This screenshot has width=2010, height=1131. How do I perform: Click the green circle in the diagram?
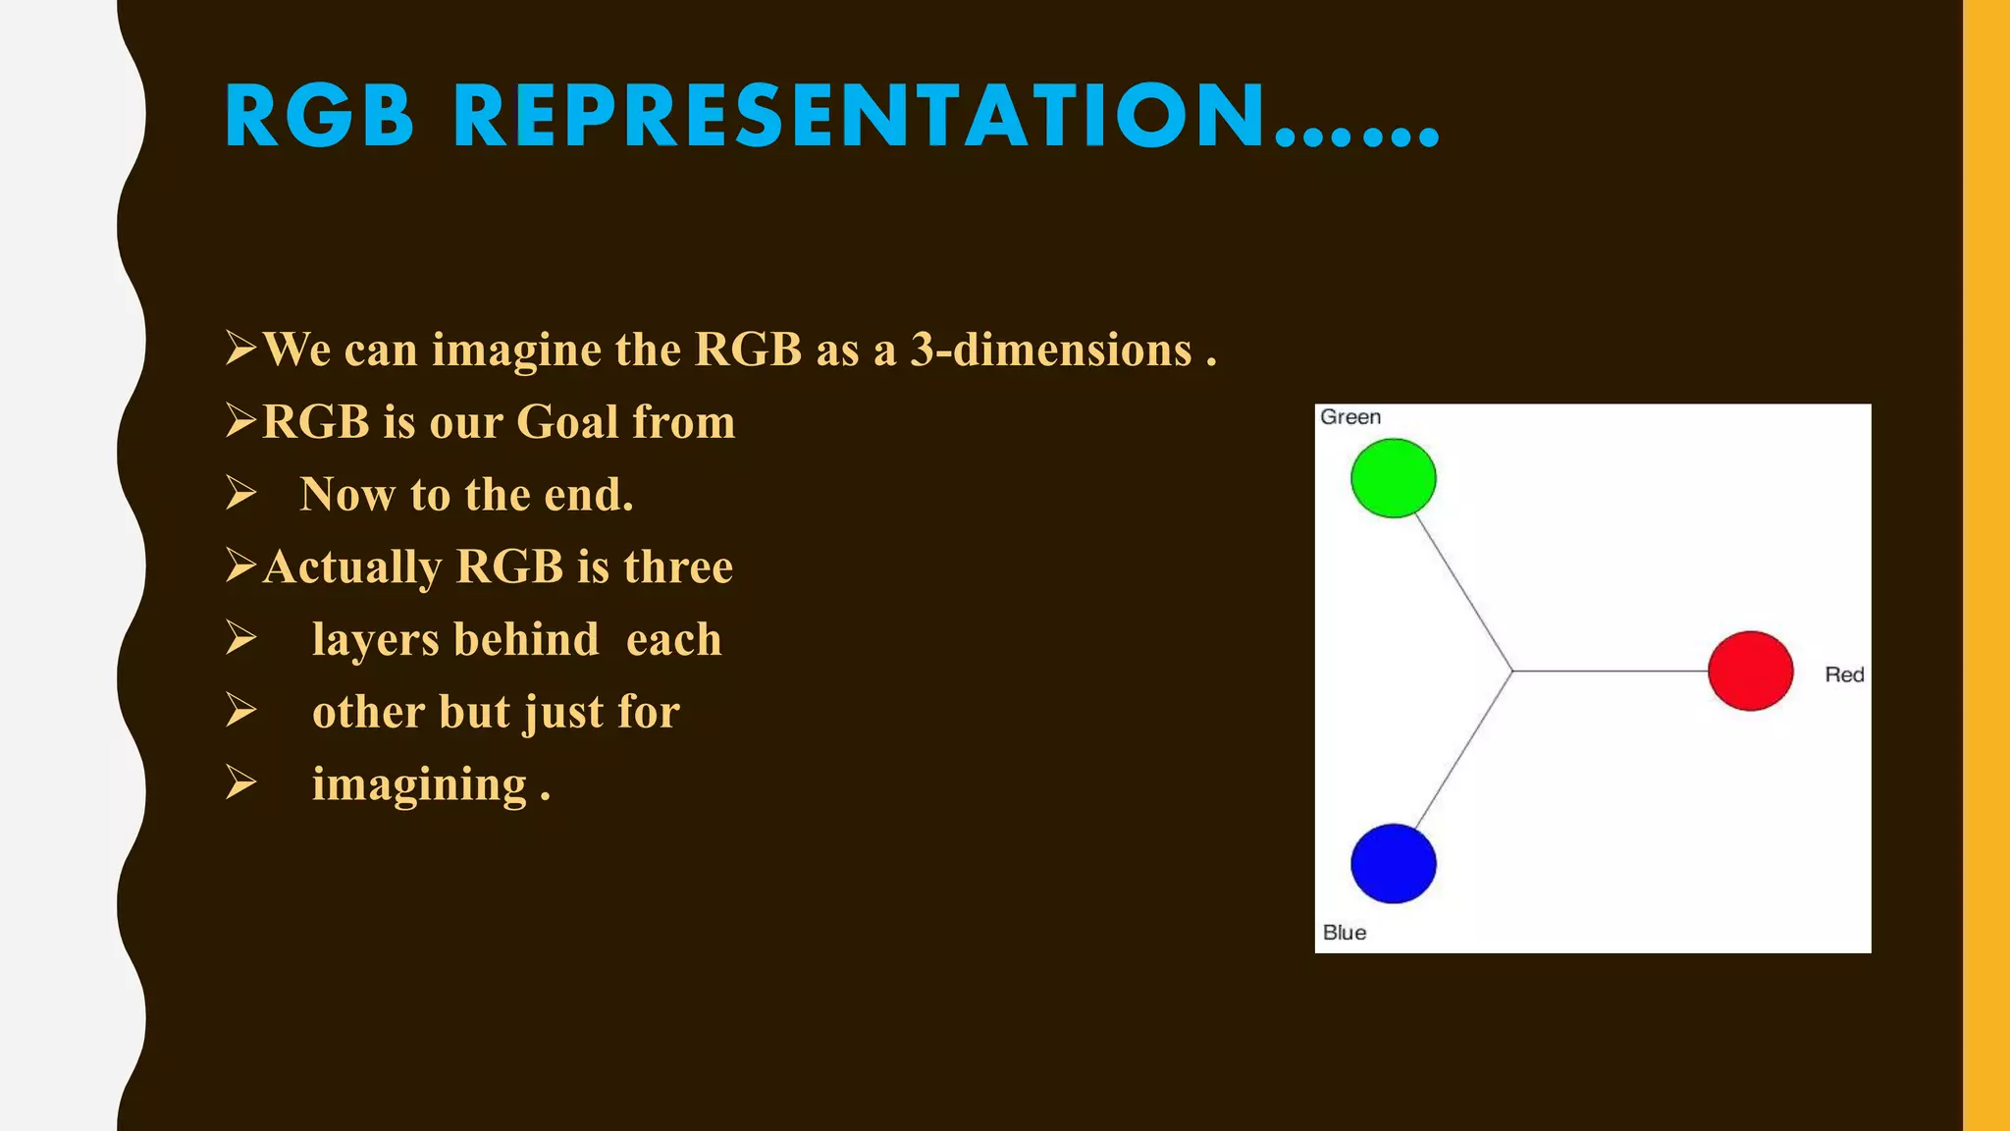1393,478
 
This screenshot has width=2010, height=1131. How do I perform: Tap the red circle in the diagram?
1750,671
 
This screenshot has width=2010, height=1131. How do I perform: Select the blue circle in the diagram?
1393,863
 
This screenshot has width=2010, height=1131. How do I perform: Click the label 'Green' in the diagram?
1349,417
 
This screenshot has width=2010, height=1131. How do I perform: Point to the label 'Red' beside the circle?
1844,674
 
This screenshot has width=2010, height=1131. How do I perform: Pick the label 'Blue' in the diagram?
1344,933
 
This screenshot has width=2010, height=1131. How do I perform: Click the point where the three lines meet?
1512,672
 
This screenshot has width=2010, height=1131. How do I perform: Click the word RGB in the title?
320,117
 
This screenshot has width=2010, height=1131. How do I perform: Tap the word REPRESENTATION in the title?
860,117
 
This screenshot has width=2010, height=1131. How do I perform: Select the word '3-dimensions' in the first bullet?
1051,350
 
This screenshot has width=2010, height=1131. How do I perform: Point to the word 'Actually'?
352,567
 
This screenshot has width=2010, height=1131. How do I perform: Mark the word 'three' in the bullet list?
677,567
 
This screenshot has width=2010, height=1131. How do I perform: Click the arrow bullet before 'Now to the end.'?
240,493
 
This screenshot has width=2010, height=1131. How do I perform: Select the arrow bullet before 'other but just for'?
240,710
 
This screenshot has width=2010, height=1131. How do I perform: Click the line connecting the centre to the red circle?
1610,672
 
